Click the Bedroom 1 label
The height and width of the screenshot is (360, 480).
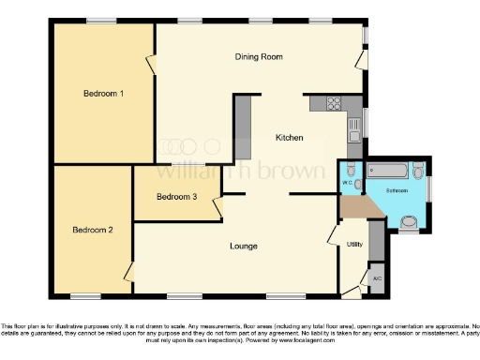(104, 94)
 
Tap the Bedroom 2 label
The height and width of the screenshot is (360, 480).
(92, 230)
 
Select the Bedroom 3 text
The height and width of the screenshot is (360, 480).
(176, 197)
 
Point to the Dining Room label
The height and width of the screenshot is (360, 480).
(259, 57)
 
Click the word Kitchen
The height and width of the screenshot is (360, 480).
(289, 139)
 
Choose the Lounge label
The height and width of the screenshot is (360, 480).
(244, 247)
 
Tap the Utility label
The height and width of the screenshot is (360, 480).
(354, 245)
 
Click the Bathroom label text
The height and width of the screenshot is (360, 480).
(397, 190)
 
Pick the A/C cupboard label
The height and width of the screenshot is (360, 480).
(377, 279)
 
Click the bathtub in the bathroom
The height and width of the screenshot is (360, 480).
(388, 170)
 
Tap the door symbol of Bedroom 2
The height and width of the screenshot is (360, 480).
(129, 273)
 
